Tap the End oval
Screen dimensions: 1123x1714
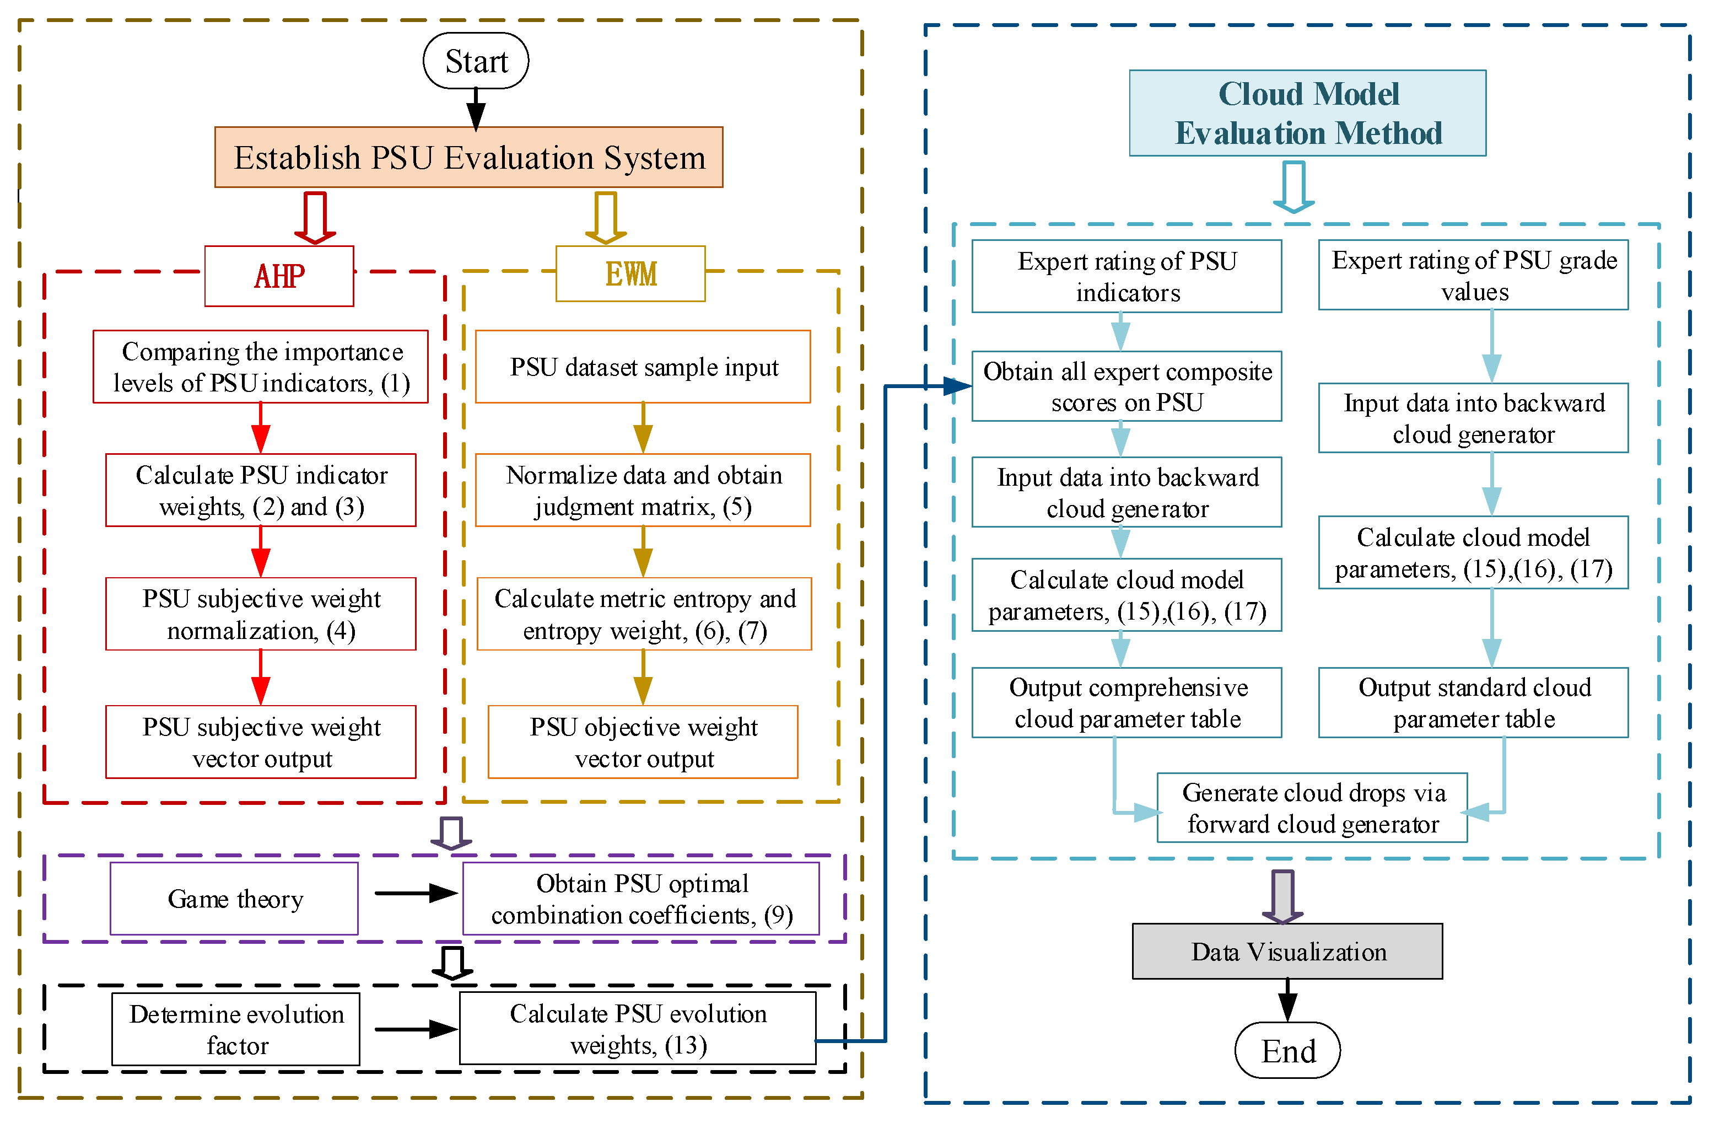[x=1287, y=1050]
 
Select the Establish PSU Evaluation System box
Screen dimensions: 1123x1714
[x=469, y=158]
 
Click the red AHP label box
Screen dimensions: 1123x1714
[x=279, y=276]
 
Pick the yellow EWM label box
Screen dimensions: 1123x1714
[x=630, y=274]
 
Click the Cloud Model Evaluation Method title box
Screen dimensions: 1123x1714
[x=1307, y=113]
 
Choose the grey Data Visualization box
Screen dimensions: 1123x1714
[x=1287, y=952]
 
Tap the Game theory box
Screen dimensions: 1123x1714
[x=234, y=899]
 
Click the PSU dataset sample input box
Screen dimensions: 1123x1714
[x=643, y=367]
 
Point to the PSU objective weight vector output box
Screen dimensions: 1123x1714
[x=643, y=742]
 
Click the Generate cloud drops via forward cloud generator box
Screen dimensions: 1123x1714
[x=1312, y=808]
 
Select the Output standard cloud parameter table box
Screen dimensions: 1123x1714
[x=1474, y=702]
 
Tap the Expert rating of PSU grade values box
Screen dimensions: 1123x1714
[x=1474, y=275]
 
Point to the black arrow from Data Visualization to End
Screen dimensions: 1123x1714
[x=1287, y=1001]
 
